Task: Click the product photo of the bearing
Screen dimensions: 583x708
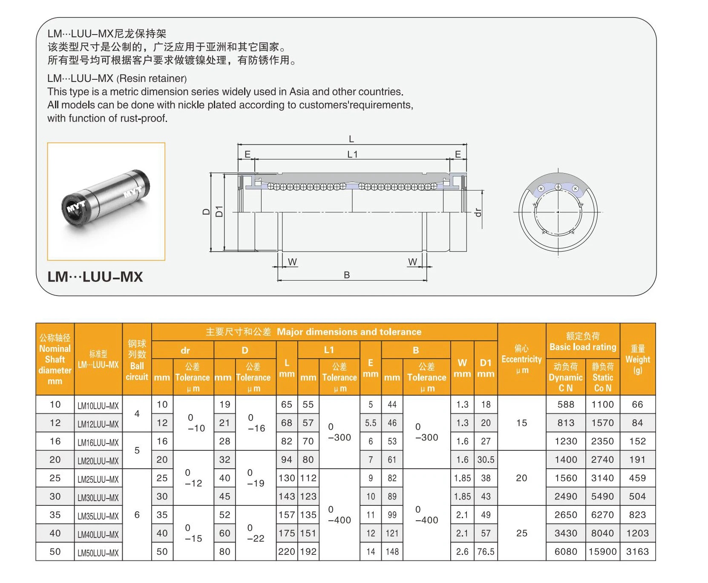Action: pyautogui.click(x=106, y=201)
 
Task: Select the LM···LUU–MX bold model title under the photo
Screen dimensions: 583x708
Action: pyautogui.click(x=95, y=277)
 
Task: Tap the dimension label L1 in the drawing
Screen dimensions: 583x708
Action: pyautogui.click(x=352, y=154)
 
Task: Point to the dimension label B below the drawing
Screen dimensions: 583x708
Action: pyautogui.click(x=347, y=275)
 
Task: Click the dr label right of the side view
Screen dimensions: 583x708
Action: pyautogui.click(x=478, y=212)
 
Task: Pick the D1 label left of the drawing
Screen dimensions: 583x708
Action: pyautogui.click(x=219, y=211)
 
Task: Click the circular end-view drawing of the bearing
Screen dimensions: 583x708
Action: pyautogui.click(x=558, y=212)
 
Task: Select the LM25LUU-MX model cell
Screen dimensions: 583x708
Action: pyautogui.click(x=98, y=479)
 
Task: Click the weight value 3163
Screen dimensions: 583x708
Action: pyautogui.click(x=637, y=551)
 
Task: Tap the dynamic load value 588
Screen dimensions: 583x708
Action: pyautogui.click(x=566, y=404)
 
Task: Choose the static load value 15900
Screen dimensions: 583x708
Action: pyautogui.click(x=602, y=551)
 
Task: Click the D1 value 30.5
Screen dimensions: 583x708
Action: pyautogui.click(x=486, y=460)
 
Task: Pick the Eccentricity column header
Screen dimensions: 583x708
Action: pyautogui.click(x=521, y=359)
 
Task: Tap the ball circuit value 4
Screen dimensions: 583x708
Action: pyautogui.click(x=137, y=414)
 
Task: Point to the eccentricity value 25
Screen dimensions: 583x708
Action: pyautogui.click(x=521, y=533)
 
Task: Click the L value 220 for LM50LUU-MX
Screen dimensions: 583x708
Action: pyautogui.click(x=287, y=551)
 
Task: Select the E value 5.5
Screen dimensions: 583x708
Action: pyautogui.click(x=371, y=423)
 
